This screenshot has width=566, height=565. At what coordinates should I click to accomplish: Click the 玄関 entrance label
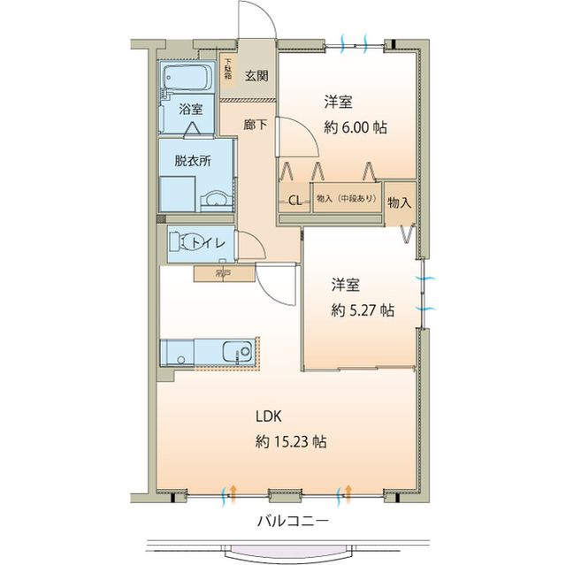(256, 75)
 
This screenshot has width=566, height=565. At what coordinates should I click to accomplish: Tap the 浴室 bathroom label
(191, 110)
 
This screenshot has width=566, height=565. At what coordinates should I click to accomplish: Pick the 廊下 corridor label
(256, 126)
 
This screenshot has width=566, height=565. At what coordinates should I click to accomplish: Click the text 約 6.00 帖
(355, 126)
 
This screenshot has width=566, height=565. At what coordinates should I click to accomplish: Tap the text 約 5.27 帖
(363, 310)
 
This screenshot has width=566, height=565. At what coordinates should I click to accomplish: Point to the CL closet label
(294, 200)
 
